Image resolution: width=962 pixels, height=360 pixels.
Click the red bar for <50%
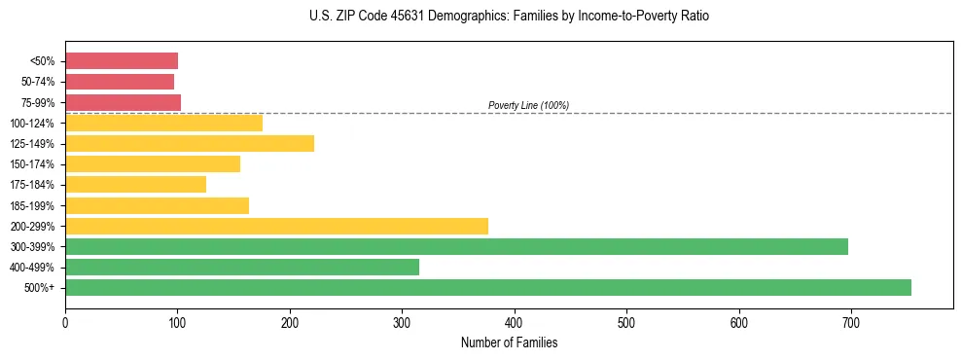pyautogui.click(x=122, y=61)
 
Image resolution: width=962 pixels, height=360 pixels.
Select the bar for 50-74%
pyautogui.click(x=120, y=82)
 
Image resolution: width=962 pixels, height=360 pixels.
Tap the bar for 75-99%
pyautogui.click(x=123, y=102)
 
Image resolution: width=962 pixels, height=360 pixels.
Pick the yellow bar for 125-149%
pyautogui.click(x=190, y=144)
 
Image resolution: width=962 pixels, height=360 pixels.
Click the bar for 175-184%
pyautogui.click(x=135, y=185)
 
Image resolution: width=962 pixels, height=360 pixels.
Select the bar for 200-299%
pyautogui.click(x=276, y=226)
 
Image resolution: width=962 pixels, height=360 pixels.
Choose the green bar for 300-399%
pyautogui.click(x=456, y=246)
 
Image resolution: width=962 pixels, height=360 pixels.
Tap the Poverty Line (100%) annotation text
pyautogui.click(x=528, y=105)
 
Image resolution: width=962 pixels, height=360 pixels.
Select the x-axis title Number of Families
pyautogui.click(x=510, y=342)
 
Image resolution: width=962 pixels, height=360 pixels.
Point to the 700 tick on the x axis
pyautogui.click(x=851, y=322)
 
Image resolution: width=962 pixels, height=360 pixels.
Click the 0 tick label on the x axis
pyautogui.click(x=65, y=322)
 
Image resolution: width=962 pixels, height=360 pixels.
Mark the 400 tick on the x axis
pyautogui.click(x=515, y=322)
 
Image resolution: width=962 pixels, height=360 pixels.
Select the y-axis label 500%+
pyautogui.click(x=41, y=288)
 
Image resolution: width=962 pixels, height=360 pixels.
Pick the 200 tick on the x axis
pyautogui.click(x=290, y=322)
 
